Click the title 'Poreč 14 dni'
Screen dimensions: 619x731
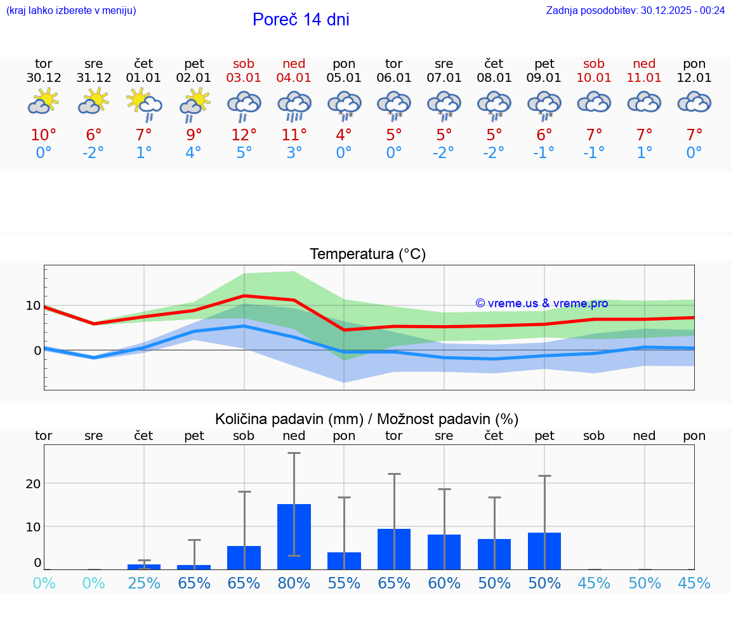pos(301,20)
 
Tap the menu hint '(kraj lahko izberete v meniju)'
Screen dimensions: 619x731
pos(71,10)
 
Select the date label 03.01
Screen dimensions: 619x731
pos(244,77)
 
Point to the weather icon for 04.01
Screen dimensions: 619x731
pos(294,105)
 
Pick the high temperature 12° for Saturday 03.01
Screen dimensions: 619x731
pos(244,135)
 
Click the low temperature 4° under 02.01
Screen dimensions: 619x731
pos(194,153)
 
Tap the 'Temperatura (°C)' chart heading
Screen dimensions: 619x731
pos(367,254)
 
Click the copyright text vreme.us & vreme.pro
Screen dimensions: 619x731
pos(542,303)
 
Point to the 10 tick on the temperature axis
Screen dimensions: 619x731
pos(33,305)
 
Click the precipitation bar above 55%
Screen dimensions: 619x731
pos(344,561)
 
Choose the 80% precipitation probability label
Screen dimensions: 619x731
pos(294,583)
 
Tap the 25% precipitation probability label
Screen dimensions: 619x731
pos(144,583)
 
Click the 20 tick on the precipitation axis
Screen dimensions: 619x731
pos(33,483)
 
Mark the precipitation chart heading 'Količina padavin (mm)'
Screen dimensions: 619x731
pos(289,419)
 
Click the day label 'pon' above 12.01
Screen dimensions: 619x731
pos(694,63)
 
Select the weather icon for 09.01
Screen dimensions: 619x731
pos(544,105)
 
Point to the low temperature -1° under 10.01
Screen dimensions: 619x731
pos(594,153)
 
